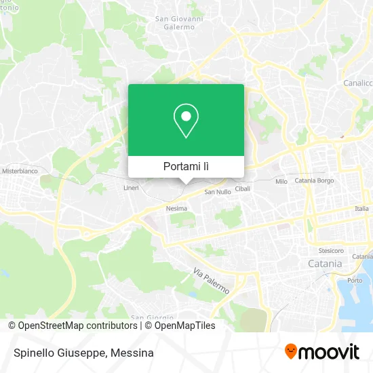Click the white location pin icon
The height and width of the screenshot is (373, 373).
click(186, 120)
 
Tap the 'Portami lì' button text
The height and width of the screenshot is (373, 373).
click(186, 166)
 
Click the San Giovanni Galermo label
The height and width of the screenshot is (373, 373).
click(179, 22)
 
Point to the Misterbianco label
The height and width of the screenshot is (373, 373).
click(20, 172)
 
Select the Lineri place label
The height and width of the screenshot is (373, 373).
click(131, 187)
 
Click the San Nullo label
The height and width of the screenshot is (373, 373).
click(218, 192)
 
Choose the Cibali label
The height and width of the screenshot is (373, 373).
click(242, 188)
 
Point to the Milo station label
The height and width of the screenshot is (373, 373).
click(281, 182)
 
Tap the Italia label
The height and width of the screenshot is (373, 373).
click(362, 209)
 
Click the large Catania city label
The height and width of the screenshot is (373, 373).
click(325, 263)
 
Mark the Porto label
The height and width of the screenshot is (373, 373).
click(354, 280)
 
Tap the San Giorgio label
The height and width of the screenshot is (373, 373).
click(152, 317)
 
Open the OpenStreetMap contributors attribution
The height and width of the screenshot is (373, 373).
click(77, 326)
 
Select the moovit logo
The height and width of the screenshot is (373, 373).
click(321, 351)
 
